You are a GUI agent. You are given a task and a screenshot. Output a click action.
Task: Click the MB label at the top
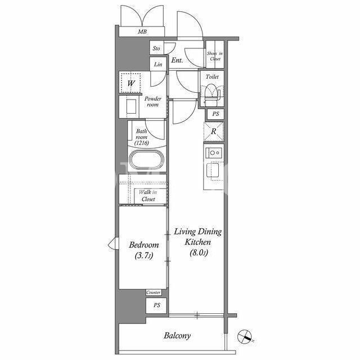[x=142, y=31]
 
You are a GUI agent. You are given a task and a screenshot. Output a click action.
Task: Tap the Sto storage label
[x=156, y=48]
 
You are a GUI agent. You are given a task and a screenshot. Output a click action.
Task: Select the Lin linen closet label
[x=158, y=64]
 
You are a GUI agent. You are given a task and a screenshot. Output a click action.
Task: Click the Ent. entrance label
[x=177, y=60]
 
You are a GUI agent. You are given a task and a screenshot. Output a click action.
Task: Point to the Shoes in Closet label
[x=215, y=56]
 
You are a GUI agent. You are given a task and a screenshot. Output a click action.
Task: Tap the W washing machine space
[x=130, y=83]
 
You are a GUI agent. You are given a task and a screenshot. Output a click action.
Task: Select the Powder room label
[x=152, y=102]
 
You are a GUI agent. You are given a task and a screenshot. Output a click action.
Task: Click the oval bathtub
[x=147, y=159]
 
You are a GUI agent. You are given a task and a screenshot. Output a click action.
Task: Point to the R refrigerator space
[x=214, y=132]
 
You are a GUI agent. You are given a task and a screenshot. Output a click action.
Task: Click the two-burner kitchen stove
[x=214, y=152]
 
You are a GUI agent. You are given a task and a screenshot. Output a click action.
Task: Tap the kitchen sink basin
[x=213, y=170]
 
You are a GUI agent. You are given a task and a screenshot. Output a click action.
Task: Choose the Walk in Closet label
[x=148, y=196]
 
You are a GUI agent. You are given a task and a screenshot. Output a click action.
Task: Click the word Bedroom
[x=144, y=245]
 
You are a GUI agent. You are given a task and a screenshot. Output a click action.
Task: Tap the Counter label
[x=154, y=292]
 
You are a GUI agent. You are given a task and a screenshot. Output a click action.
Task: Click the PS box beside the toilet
[x=215, y=114]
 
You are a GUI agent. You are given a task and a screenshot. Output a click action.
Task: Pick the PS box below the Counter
[x=156, y=305]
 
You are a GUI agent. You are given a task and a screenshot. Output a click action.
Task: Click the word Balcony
[x=177, y=336]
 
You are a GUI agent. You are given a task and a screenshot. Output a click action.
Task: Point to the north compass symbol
[x=245, y=336]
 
